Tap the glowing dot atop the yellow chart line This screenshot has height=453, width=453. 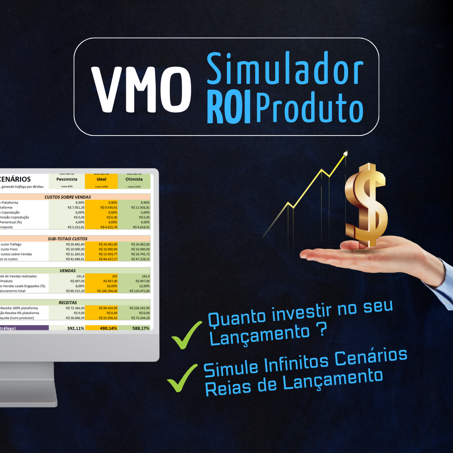(x=345, y=154)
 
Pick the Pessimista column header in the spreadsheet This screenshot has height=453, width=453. (x=67, y=179)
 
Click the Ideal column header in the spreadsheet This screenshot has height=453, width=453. (x=102, y=179)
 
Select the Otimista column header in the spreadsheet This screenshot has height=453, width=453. (x=134, y=179)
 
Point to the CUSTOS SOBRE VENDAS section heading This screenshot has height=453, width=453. (x=68, y=197)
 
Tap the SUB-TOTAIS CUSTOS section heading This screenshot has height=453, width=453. (x=68, y=238)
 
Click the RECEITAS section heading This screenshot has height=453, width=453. (x=68, y=302)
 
